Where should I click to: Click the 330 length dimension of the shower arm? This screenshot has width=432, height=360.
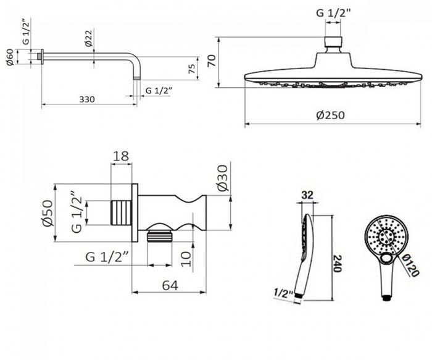[87, 99]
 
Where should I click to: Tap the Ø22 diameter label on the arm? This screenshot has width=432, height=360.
[89, 38]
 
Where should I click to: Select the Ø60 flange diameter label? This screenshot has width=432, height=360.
[10, 57]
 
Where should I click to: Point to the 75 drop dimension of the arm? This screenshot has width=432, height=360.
[192, 69]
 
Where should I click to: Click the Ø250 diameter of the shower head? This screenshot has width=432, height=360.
[330, 115]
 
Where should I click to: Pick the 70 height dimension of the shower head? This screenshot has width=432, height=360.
[212, 61]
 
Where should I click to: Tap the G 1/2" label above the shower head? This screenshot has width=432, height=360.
[333, 13]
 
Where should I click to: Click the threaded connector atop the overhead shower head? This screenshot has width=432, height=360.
[333, 41]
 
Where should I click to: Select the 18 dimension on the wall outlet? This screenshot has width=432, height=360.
[121, 156]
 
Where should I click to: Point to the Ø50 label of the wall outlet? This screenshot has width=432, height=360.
[48, 213]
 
